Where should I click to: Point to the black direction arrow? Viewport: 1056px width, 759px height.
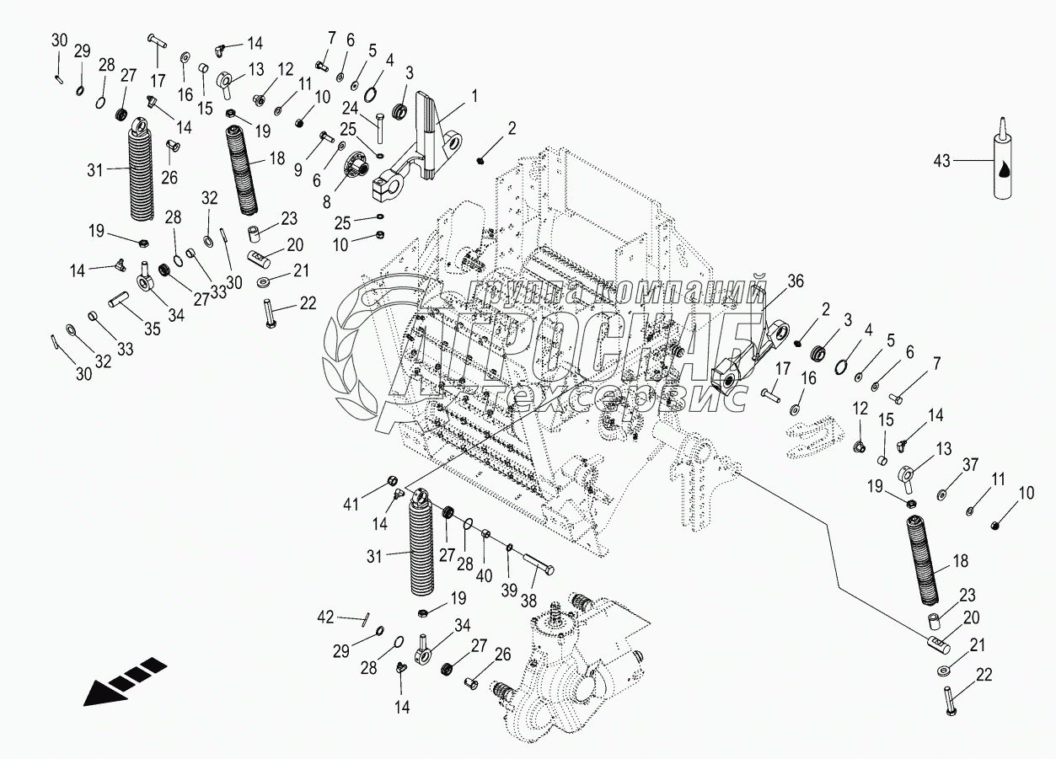click(122, 680)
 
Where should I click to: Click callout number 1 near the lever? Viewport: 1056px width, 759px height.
click(474, 97)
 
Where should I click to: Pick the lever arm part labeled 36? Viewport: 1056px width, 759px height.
click(742, 362)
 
